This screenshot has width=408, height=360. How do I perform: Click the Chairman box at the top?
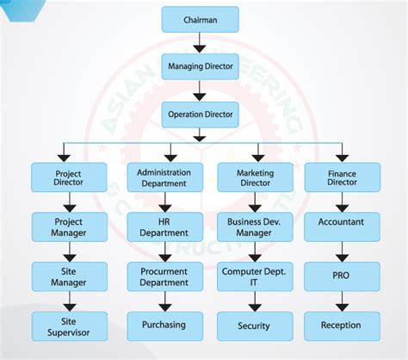click(200, 19)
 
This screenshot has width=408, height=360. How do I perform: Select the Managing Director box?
click(200, 66)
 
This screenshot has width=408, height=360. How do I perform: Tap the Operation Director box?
click(200, 114)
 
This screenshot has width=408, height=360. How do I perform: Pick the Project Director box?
click(68, 177)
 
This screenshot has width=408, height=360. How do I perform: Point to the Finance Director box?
click(342, 177)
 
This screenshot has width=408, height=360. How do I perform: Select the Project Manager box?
click(68, 227)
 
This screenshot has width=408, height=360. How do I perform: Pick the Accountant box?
click(342, 222)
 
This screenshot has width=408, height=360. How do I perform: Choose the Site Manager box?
click(68, 276)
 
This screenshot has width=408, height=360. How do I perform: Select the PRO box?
click(342, 276)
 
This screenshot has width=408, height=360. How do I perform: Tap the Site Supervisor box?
click(68, 326)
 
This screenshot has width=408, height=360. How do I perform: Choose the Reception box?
click(342, 326)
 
